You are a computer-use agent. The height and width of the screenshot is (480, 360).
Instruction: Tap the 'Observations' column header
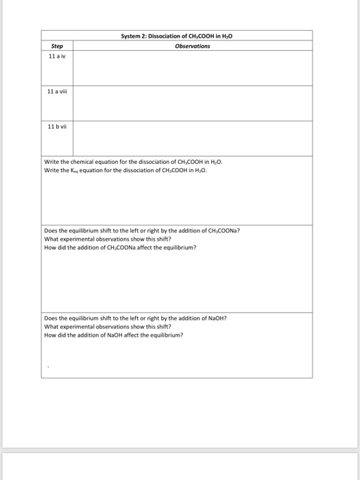pyautogui.click(x=193, y=47)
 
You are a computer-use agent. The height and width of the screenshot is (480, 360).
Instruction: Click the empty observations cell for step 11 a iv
pyautogui.click(x=193, y=68)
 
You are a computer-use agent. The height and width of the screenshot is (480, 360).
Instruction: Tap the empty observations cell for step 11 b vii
pyautogui.click(x=193, y=138)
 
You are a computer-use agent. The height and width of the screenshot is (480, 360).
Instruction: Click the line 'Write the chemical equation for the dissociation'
pyautogui.click(x=133, y=163)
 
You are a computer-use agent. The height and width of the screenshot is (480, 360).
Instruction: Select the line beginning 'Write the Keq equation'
pyautogui.click(x=125, y=171)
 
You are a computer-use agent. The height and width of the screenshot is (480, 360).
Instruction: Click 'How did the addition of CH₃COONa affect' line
pyautogui.click(x=119, y=247)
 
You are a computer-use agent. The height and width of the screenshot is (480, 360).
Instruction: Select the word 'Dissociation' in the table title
pyautogui.click(x=159, y=36)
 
